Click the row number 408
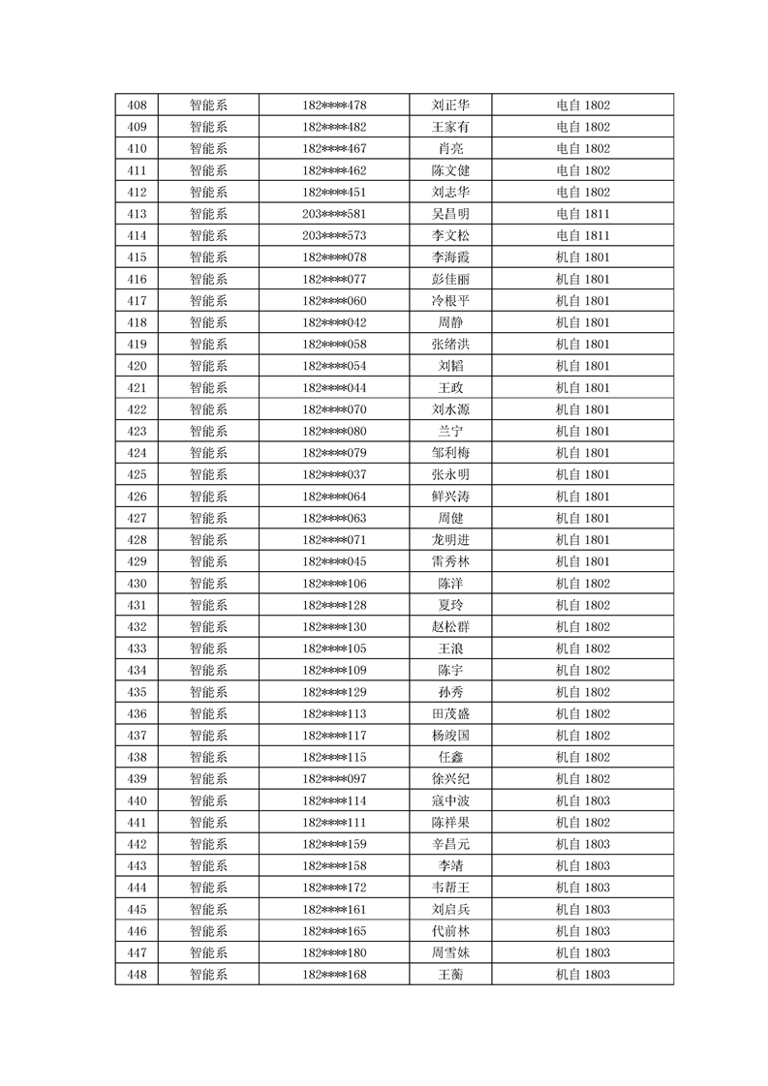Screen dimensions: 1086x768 pyautogui.click(x=137, y=106)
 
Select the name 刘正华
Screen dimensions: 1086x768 pyautogui.click(x=450, y=106)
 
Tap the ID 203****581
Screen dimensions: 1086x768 pyautogui.click(x=334, y=214)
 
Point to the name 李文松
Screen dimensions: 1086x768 pyautogui.click(x=450, y=235)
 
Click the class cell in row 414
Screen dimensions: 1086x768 pyautogui.click(x=582, y=235)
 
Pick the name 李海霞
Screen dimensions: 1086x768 pyautogui.click(x=450, y=257)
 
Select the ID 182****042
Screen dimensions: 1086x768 pyautogui.click(x=334, y=322)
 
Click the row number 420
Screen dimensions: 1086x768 pyautogui.click(x=137, y=366)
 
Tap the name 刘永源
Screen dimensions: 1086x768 pyautogui.click(x=450, y=409)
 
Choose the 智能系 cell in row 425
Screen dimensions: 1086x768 pyautogui.click(x=208, y=474)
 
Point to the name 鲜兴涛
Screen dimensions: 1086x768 pyautogui.click(x=450, y=497)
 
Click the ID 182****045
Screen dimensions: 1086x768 pyautogui.click(x=334, y=561)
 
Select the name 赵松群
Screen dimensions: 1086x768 pyautogui.click(x=450, y=626)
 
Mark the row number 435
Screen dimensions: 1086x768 pyautogui.click(x=137, y=692)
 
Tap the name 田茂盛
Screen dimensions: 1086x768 pyautogui.click(x=450, y=713)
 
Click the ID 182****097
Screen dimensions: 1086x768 pyautogui.click(x=334, y=778)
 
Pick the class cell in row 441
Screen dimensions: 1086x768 pyautogui.click(x=582, y=822)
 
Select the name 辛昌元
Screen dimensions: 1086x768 pyautogui.click(x=450, y=844)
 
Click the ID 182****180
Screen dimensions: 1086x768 pyautogui.click(x=334, y=952)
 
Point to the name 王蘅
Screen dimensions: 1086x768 pyautogui.click(x=450, y=974)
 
